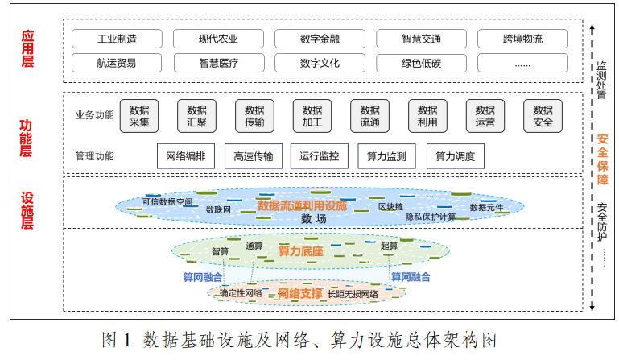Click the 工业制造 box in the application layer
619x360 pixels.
(x=117, y=39)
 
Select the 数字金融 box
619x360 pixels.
(x=320, y=39)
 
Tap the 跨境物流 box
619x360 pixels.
(x=522, y=39)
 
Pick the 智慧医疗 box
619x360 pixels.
(x=218, y=62)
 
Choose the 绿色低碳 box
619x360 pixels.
(x=421, y=62)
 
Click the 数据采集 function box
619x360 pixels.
(x=139, y=116)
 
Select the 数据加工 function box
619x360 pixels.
(x=312, y=116)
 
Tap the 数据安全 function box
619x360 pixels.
(x=543, y=116)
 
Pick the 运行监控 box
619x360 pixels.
(x=319, y=156)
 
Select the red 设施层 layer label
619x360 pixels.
(x=27, y=211)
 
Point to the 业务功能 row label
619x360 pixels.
(x=95, y=114)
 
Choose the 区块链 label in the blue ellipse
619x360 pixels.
(x=390, y=207)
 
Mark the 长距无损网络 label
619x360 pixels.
(x=353, y=294)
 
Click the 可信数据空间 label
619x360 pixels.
(x=167, y=201)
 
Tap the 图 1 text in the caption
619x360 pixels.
(x=117, y=339)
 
